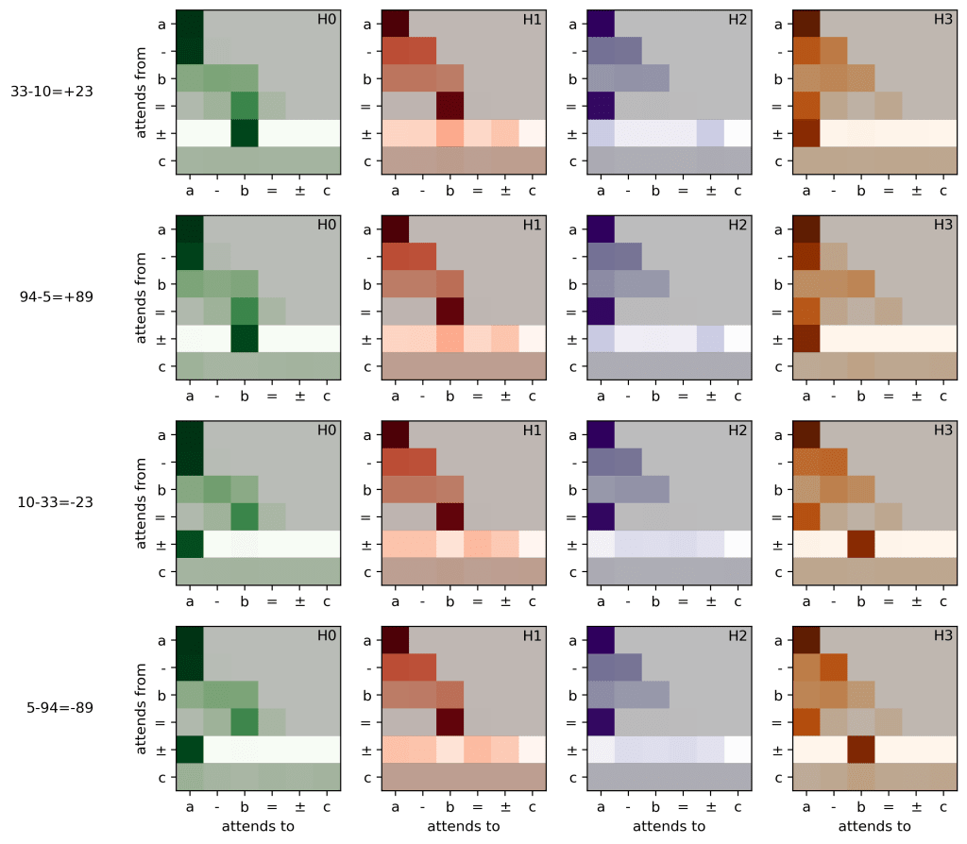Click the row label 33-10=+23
pos(52,93)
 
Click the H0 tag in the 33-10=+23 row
pos(326,20)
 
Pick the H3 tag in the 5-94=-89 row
pos(942,635)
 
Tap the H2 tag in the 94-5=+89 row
pos(737,226)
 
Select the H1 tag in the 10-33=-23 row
pos(532,430)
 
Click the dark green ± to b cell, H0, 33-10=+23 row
pos(245,133)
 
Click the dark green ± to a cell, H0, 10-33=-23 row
pos(190,544)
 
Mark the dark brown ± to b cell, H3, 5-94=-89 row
pos(860,749)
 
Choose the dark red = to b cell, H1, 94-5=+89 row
pos(450,311)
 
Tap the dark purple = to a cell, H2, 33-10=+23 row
pos(601,106)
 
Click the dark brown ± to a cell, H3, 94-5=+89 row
pos(806,338)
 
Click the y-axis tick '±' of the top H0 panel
pos(161,134)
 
